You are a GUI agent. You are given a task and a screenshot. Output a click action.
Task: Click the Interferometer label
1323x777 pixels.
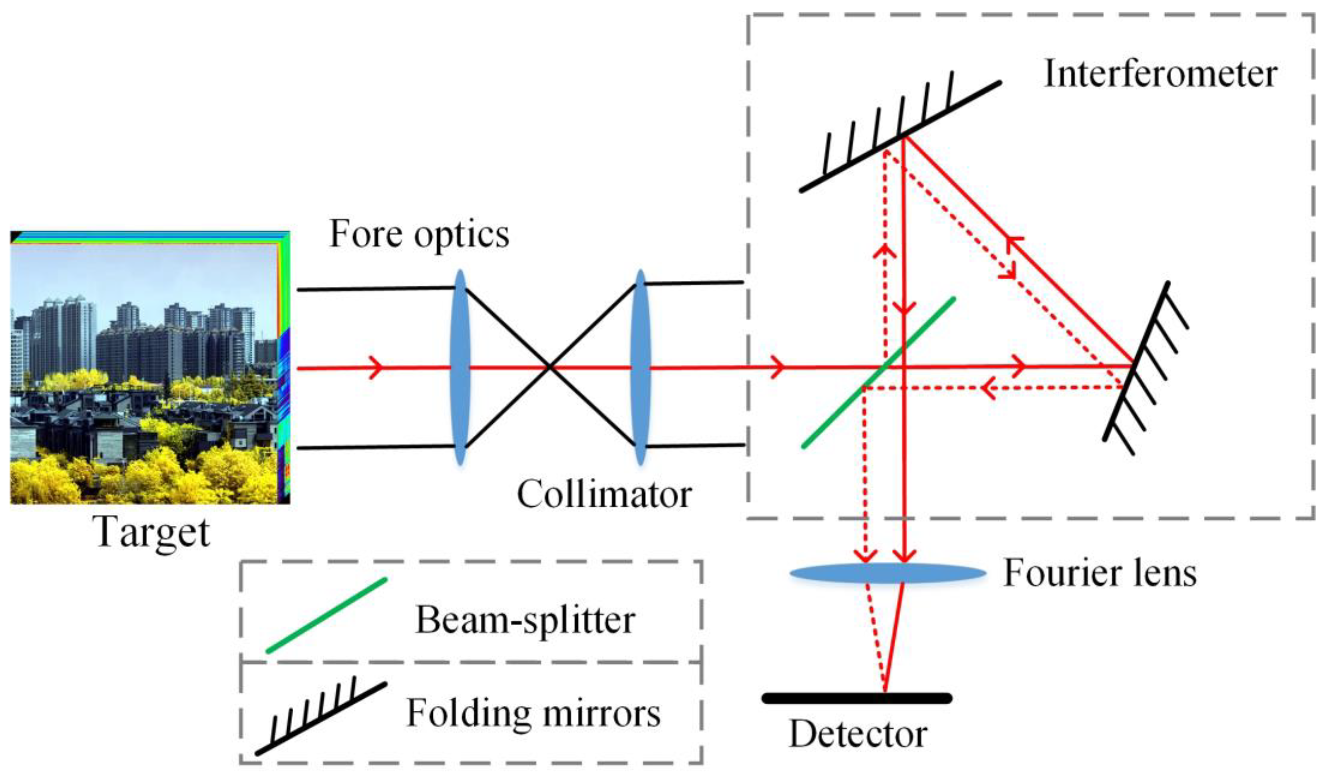[1160, 75]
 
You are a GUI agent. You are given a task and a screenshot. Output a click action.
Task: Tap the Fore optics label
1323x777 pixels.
[419, 234]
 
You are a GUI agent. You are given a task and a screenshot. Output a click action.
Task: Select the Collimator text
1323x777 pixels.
[604, 495]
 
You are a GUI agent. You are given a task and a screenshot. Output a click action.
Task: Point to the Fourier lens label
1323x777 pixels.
[1100, 573]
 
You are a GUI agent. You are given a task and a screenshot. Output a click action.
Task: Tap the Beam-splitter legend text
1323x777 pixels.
[525, 620]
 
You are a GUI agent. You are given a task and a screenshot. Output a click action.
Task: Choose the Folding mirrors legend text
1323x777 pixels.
[533, 713]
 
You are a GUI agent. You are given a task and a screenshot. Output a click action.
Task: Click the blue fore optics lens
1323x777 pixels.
[460, 368]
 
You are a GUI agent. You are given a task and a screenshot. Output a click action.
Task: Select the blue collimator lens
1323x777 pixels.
[640, 368]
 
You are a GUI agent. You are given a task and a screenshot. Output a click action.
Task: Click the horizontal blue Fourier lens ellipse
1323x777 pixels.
[887, 573]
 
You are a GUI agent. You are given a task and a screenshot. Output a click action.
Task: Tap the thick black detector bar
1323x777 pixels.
[856, 698]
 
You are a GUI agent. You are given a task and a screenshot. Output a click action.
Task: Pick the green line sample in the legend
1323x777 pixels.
[326, 615]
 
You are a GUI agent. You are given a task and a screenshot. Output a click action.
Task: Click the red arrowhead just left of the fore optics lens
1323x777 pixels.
[376, 368]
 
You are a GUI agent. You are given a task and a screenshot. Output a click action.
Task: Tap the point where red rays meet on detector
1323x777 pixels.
[885, 691]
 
